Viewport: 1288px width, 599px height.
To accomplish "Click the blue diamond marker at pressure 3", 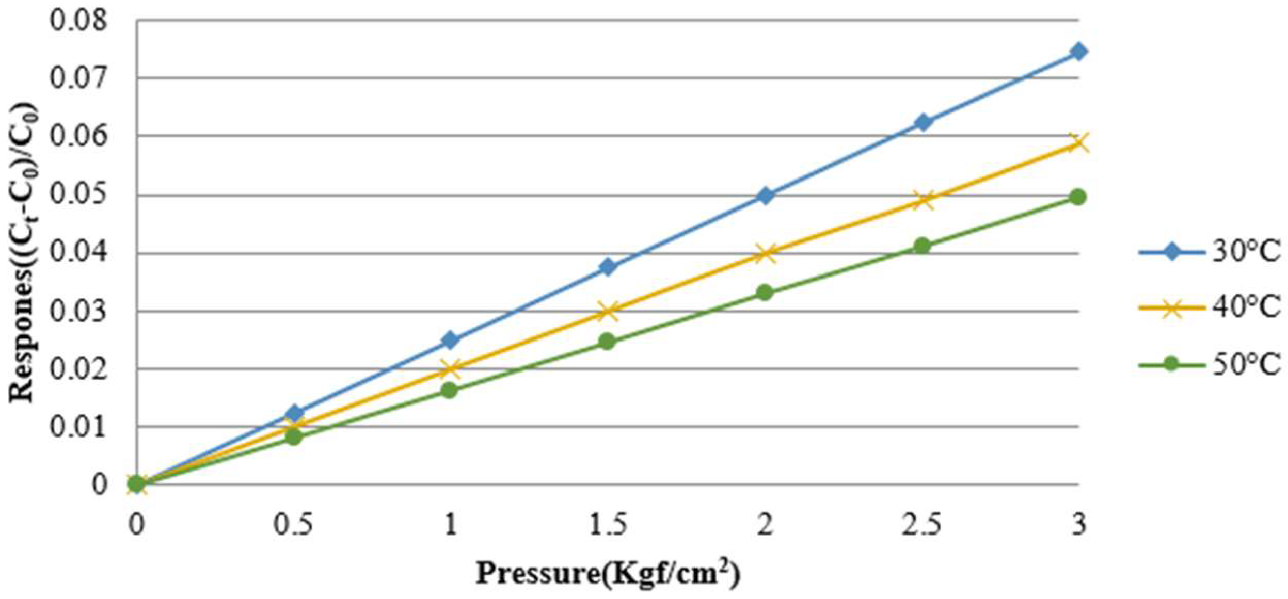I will click(1078, 52).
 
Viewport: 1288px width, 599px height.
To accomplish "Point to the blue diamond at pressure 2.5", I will click(923, 122).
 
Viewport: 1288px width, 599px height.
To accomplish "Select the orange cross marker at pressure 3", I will click(1078, 143).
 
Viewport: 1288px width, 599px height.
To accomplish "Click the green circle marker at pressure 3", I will click(1078, 197).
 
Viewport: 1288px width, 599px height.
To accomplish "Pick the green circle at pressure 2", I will click(765, 293).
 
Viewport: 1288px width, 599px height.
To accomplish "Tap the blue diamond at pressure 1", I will click(450, 340).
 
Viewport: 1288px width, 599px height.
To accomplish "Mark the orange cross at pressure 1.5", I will click(608, 311).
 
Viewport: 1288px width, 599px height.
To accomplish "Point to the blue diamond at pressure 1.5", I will click(608, 267).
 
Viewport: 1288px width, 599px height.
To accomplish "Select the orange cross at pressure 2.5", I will click(923, 200).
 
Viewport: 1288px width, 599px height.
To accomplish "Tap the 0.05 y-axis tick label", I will click(79, 195).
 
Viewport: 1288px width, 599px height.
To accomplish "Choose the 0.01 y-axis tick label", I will click(79, 427).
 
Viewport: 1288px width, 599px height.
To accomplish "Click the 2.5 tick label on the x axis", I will click(922, 525).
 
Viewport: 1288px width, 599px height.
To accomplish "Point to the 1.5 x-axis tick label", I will click(608, 525).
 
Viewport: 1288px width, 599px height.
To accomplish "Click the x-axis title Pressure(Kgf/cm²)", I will click(608, 574).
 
